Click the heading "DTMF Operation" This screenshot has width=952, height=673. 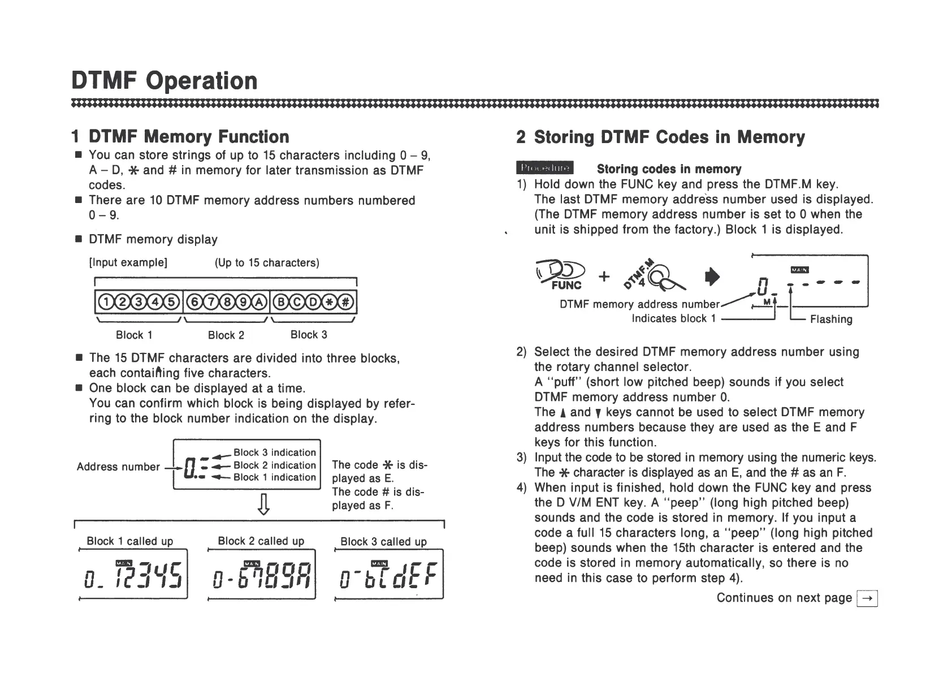click(165, 81)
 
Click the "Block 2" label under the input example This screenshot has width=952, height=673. click(226, 335)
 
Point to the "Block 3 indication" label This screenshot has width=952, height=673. click(275, 452)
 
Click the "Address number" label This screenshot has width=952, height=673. click(118, 467)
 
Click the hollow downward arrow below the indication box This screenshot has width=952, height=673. click(263, 504)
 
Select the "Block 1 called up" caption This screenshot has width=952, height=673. click(130, 541)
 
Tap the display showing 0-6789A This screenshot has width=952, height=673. click(262, 574)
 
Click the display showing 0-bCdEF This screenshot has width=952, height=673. click(390, 574)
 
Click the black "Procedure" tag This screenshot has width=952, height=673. click(544, 168)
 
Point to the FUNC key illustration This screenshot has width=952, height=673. click(562, 276)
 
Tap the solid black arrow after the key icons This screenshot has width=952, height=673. click(714, 276)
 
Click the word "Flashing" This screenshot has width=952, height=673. click(831, 320)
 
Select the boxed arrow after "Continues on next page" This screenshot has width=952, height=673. click(867, 598)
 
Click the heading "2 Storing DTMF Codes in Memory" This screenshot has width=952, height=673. click(660, 137)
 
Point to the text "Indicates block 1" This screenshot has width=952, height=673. click(673, 318)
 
